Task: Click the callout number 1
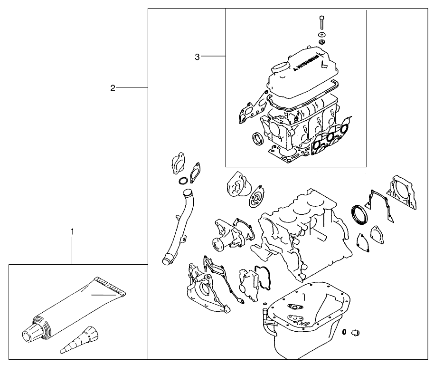point(72,231)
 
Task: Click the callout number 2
point(113,87)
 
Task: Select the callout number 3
point(197,57)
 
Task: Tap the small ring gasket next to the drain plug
point(343,331)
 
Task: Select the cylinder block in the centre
point(299,233)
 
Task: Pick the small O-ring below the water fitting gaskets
point(182,182)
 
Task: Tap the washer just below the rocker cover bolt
point(322,35)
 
